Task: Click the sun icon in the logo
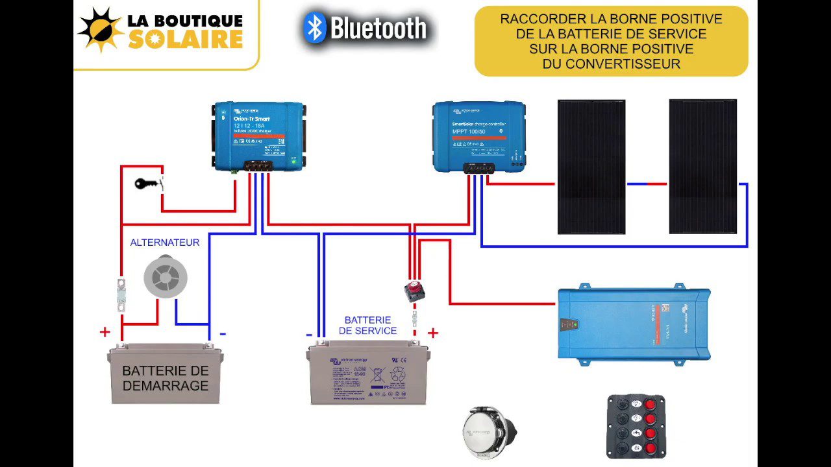pyautogui.click(x=101, y=30)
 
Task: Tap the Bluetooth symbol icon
pyautogui.click(x=315, y=28)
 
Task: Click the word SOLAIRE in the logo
pyautogui.click(x=185, y=40)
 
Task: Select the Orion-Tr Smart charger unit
pyautogui.click(x=259, y=136)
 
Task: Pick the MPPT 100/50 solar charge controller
pyautogui.click(x=479, y=136)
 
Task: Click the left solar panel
pyautogui.click(x=591, y=167)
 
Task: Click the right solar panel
pyautogui.click(x=702, y=167)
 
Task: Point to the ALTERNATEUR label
pyautogui.click(x=165, y=243)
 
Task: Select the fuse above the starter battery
pyautogui.click(x=121, y=294)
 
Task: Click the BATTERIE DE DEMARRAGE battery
pyautogui.click(x=166, y=375)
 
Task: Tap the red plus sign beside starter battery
pyautogui.click(x=105, y=333)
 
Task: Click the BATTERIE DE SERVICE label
pyautogui.click(x=367, y=325)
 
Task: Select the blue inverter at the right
pyautogui.click(x=634, y=323)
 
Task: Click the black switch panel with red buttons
pyautogui.click(x=636, y=426)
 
